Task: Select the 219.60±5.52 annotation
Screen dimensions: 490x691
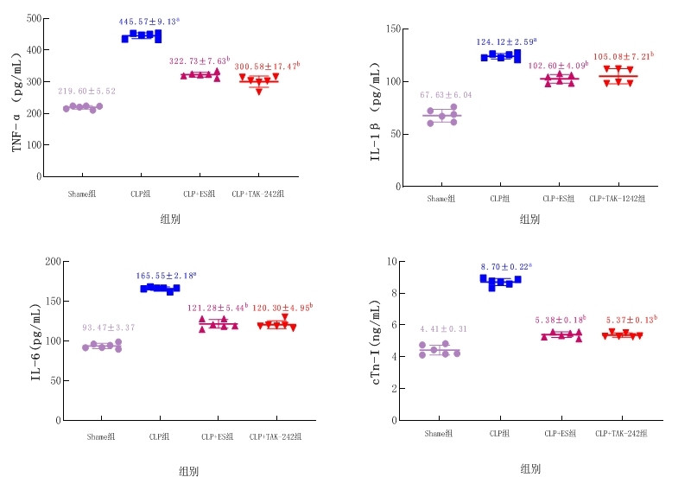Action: [86, 91]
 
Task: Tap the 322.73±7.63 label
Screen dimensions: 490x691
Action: [199, 62]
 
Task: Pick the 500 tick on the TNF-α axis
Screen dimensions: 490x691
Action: [31, 18]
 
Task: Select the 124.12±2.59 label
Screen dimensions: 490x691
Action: [506, 41]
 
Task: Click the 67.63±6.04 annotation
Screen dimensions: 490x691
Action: [446, 95]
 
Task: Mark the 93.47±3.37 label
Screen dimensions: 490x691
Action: [109, 328]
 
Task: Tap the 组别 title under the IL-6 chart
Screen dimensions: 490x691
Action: [188, 472]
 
